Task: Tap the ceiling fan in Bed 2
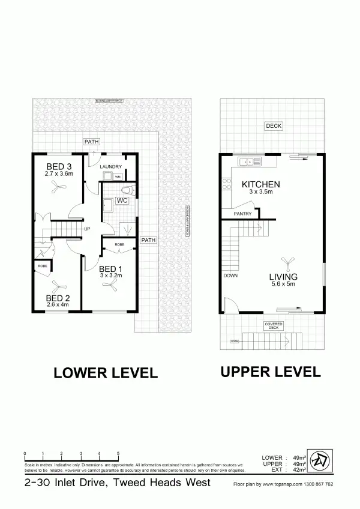[x=58, y=285]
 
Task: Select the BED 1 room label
[x=110, y=268]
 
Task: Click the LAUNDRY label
[x=111, y=167]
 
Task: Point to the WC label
[x=122, y=200]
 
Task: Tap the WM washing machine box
[x=118, y=177]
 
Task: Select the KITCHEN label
[x=261, y=184]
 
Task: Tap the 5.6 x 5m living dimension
[x=283, y=284]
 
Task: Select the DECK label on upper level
[x=274, y=126]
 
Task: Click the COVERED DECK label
[x=273, y=326]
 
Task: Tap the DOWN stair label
[x=230, y=276]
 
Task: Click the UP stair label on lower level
[x=87, y=229]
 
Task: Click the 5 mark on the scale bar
[x=118, y=453]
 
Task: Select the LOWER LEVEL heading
[x=106, y=373]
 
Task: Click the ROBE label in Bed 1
[x=119, y=245]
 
